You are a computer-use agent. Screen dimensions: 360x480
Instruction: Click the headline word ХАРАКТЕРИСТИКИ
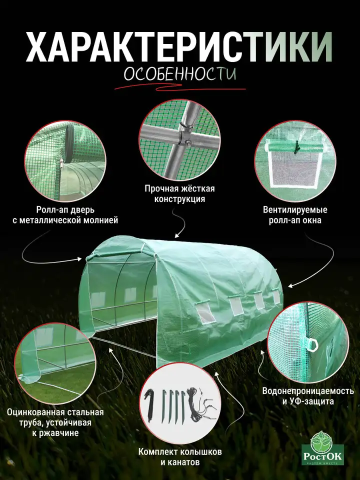(x=179, y=47)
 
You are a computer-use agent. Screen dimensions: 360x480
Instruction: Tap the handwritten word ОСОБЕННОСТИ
(x=180, y=74)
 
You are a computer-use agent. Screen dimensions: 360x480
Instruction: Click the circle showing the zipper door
(x=65, y=161)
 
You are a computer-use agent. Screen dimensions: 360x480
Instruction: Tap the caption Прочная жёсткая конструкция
(x=179, y=194)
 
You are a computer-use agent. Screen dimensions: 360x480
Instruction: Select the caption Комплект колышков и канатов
(x=180, y=456)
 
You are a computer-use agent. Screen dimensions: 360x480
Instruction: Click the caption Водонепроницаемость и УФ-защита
(x=308, y=396)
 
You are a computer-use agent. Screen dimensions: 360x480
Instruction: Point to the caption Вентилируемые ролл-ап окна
(x=295, y=215)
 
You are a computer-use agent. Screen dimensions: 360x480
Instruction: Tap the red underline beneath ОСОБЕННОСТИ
(x=180, y=88)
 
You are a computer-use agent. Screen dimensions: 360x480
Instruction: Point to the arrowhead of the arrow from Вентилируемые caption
(x=290, y=286)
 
